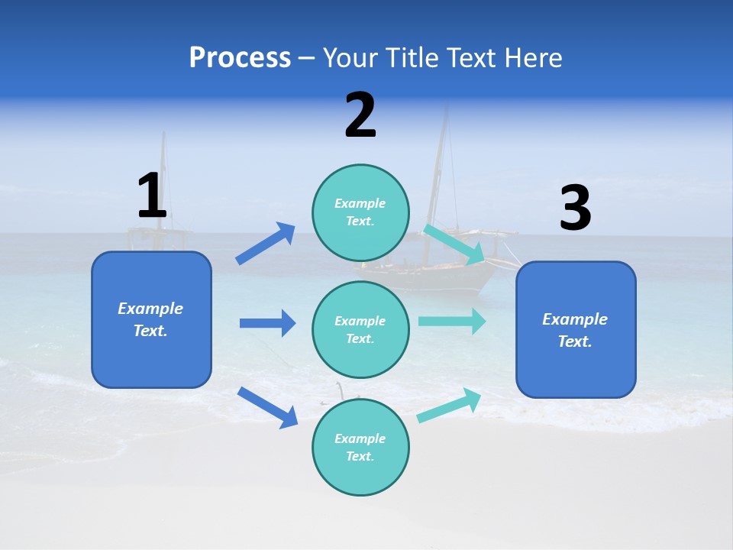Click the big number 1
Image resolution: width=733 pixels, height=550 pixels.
[152, 196]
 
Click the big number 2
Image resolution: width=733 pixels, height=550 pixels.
[360, 115]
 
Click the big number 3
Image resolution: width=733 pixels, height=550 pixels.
[575, 208]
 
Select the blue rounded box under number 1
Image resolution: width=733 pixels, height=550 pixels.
[151, 319]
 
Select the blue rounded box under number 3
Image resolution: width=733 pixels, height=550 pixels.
[576, 329]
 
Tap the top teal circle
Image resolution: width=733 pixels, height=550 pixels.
[360, 212]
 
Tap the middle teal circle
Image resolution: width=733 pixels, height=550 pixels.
[360, 329]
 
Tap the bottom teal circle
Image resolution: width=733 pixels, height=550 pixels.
[360, 447]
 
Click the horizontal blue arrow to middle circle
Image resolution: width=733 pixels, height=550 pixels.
[267, 323]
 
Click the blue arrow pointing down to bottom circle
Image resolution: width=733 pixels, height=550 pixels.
[268, 407]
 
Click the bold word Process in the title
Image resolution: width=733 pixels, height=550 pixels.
[240, 57]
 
